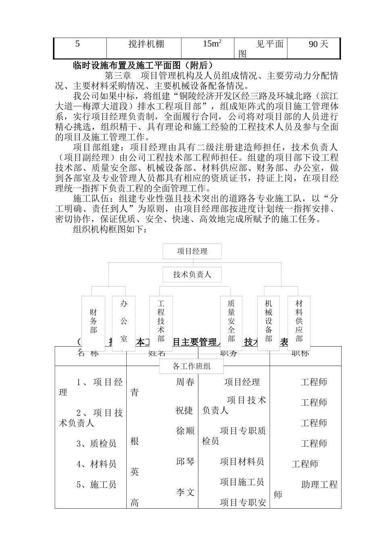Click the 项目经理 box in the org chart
[192, 252]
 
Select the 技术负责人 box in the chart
[192, 275]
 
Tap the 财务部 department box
[93, 322]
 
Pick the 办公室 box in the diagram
[123, 322]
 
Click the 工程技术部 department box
[161, 322]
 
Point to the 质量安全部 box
[231, 322]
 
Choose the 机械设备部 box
[269, 322]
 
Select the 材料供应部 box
[299, 322]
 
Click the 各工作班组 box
[192, 366]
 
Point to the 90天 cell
[318, 44]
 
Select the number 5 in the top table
[78, 44]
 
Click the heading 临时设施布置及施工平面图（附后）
[142, 65]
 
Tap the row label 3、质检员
[96, 444]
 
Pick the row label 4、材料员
[96, 464]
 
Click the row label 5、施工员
[96, 485]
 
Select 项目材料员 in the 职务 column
[242, 462]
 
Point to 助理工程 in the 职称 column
[319, 485]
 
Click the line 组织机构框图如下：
[111, 230]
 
